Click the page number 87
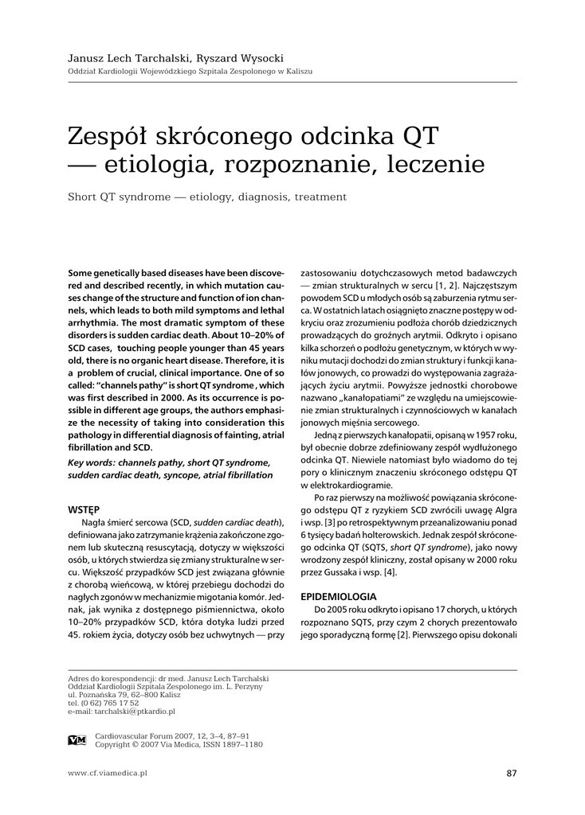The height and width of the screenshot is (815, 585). tap(512, 773)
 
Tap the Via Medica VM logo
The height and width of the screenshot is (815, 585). tap(77, 740)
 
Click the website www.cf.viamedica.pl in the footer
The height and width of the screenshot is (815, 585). tap(108, 773)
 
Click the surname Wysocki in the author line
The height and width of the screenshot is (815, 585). tap(259, 58)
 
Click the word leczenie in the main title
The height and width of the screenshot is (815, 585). tap(435, 164)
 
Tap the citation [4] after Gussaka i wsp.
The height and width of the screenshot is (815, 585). tap(389, 573)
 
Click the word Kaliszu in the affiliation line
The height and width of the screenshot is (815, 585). tap(296, 72)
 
